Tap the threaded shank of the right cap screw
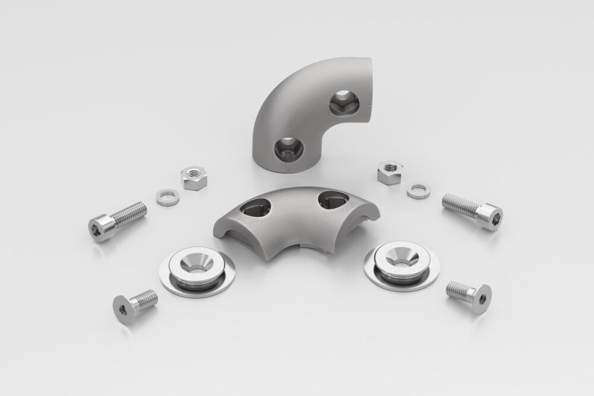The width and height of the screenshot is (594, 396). point(460,204)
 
